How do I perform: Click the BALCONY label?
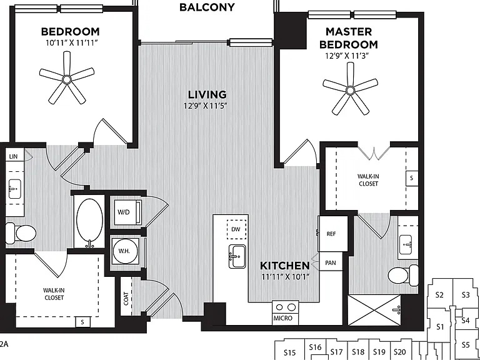tap(207, 7)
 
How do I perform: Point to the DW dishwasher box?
tap(236, 229)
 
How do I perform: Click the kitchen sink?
tap(237, 256)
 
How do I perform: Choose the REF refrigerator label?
tap(331, 234)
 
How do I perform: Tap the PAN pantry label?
tap(330, 262)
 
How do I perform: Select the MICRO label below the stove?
tap(283, 318)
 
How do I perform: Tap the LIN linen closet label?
tap(14, 157)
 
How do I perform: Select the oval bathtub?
tap(90, 219)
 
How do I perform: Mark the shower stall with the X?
tap(374, 310)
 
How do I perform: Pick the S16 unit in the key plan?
tap(315, 347)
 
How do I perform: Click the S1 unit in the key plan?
tap(440, 327)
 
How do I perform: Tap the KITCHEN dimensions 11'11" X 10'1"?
tap(286, 277)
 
